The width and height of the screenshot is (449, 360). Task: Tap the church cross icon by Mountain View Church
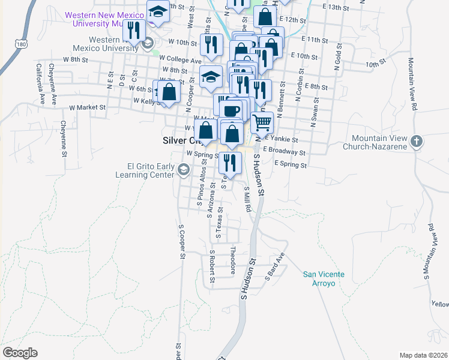[418, 142]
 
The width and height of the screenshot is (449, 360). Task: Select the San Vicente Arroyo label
[324, 278]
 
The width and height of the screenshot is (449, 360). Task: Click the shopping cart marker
[262, 122]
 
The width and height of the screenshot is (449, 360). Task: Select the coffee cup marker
[232, 110]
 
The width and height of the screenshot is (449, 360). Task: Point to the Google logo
[20, 353]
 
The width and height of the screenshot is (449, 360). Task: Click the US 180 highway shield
[22, 44]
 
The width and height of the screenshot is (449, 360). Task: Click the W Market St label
[87, 107]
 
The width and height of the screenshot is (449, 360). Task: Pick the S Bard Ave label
[276, 265]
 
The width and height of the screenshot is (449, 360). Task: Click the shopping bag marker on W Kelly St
[170, 92]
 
